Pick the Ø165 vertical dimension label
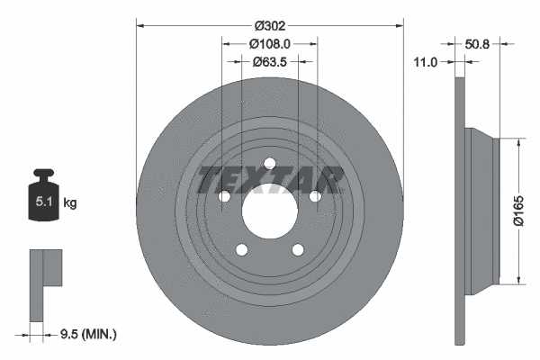pos(518,211)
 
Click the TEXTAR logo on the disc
pos(270,179)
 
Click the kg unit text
pos(69,203)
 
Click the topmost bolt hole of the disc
pos(268,163)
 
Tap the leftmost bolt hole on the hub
pos(223,196)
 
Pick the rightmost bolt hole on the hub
pos(314,196)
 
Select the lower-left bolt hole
pos(240,250)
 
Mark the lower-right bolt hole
pos(297,250)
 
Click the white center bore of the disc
pos(268,211)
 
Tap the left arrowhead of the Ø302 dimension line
pos(139,26)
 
